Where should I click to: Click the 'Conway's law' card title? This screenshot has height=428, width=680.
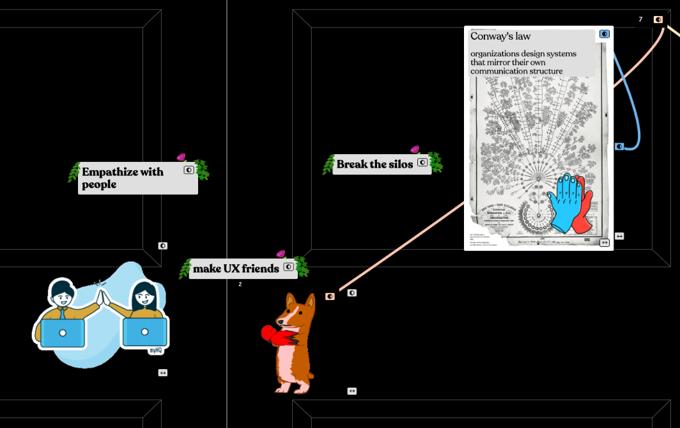[500, 36]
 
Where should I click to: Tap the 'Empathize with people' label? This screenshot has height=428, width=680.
[123, 178]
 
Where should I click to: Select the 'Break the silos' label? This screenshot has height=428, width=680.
[375, 164]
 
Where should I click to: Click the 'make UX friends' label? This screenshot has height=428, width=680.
[236, 269]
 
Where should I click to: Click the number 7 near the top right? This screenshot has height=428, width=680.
[640, 20]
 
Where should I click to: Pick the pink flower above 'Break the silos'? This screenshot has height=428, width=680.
[415, 149]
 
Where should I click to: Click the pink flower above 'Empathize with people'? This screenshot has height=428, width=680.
[181, 157]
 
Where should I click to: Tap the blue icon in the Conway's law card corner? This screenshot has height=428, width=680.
[604, 34]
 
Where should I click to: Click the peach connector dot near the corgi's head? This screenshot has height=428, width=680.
[330, 296]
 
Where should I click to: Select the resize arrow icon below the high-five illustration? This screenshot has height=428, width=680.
[163, 372]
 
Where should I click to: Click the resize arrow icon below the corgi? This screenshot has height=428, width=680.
[352, 391]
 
